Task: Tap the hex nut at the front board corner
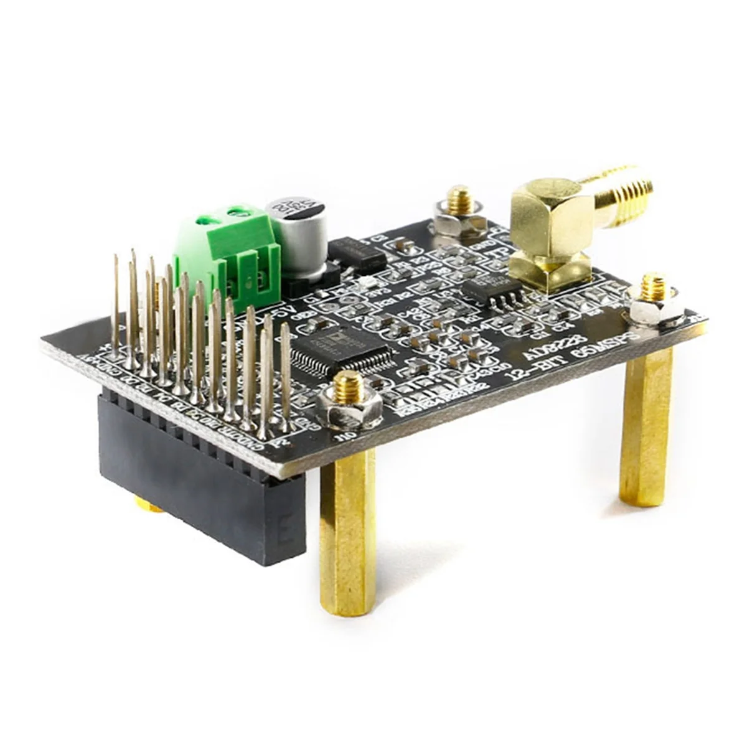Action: pos(349,407)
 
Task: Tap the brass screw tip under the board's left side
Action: pos(148,505)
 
